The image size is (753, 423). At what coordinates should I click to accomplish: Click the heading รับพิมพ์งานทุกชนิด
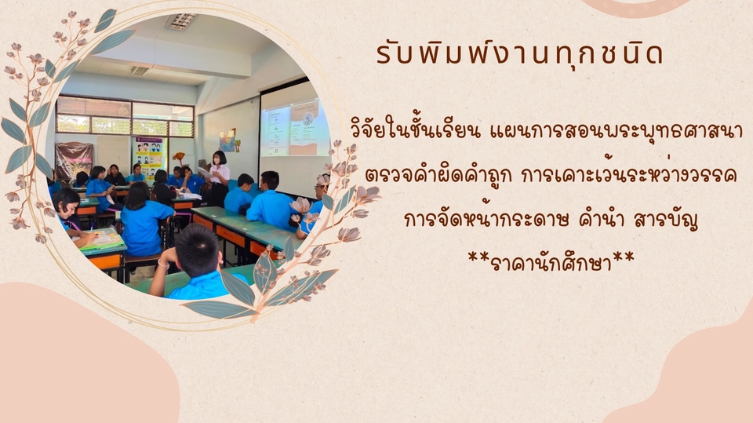point(519,54)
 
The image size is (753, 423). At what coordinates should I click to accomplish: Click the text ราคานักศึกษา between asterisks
point(551,262)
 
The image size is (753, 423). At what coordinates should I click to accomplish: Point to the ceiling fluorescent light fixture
point(180,22)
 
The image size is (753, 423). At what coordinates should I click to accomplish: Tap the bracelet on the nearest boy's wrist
point(164,264)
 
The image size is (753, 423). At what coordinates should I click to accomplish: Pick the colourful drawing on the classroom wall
point(227,140)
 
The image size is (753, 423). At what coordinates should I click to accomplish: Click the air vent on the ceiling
point(140,71)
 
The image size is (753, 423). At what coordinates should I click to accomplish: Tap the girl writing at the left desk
point(71,214)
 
